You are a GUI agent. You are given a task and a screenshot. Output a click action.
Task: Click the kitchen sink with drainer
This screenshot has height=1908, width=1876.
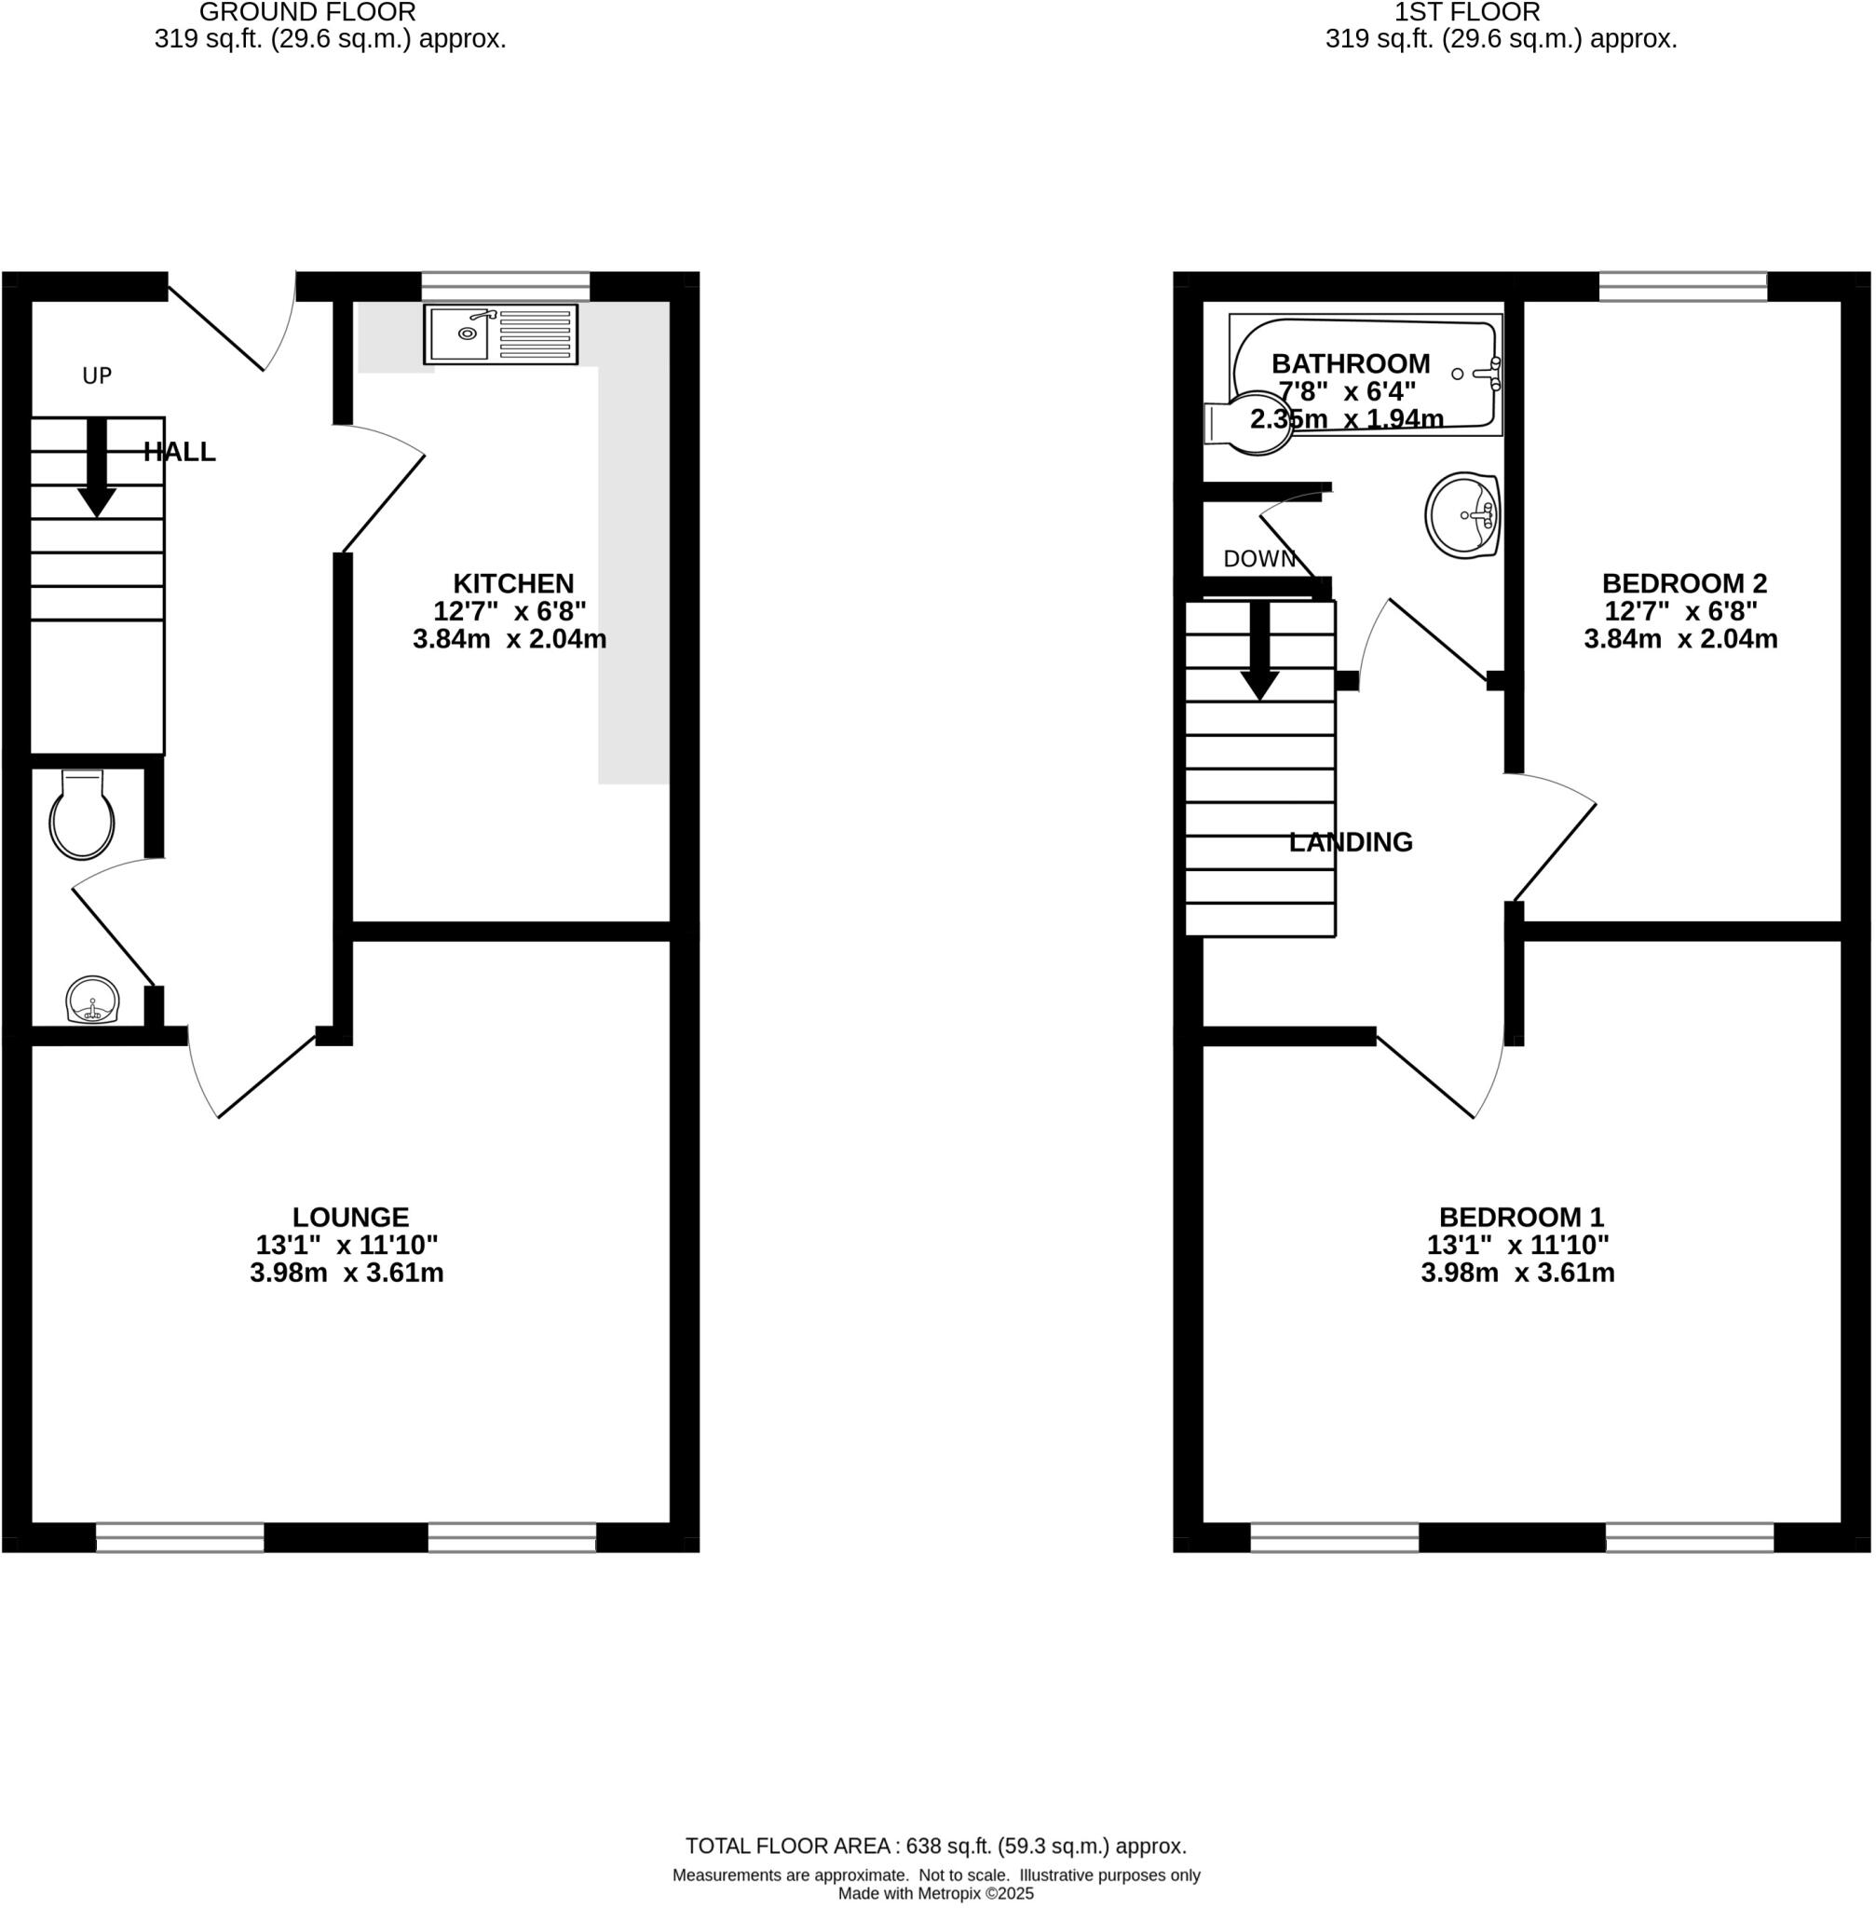(x=500, y=334)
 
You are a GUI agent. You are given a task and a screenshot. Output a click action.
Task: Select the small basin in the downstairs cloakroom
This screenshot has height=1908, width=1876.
(x=92, y=1001)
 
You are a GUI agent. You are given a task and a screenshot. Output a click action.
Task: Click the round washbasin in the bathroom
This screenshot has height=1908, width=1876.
(x=1462, y=514)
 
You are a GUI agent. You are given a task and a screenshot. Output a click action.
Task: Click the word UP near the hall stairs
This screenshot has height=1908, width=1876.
(x=97, y=375)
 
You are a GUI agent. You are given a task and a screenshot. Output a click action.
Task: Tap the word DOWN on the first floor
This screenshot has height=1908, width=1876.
(x=1258, y=559)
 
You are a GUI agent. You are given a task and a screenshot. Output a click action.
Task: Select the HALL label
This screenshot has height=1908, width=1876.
(x=180, y=453)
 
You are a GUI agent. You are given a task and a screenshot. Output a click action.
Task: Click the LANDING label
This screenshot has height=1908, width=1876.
(x=1351, y=842)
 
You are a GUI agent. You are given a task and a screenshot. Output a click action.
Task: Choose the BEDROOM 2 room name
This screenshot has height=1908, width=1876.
(x=1684, y=583)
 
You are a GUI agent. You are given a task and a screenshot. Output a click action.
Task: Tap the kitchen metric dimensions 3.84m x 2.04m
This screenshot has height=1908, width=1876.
(x=510, y=640)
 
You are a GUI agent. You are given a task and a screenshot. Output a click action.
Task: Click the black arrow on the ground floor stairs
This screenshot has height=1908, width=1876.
(x=97, y=467)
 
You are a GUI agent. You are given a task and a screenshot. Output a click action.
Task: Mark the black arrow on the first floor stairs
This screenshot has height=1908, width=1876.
(x=1259, y=650)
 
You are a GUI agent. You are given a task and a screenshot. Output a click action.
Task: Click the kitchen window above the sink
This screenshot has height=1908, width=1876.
(x=506, y=287)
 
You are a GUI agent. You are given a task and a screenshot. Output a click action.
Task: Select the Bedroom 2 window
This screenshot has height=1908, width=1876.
(x=1683, y=287)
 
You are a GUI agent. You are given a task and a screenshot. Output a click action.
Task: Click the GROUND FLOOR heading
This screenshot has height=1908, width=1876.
(x=307, y=13)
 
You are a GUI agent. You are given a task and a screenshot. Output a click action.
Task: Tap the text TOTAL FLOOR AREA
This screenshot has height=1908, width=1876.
(x=787, y=1846)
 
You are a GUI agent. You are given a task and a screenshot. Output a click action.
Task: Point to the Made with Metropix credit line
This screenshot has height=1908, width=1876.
(x=936, y=1893)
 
